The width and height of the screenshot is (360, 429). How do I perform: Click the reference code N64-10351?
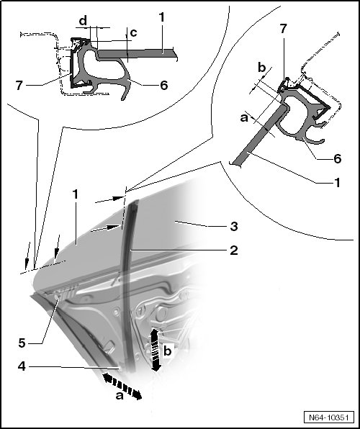point(329,417)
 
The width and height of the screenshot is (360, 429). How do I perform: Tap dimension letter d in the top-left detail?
point(83,20)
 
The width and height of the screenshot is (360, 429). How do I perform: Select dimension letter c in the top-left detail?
point(133,33)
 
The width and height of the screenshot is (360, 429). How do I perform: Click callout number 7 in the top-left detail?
point(19,86)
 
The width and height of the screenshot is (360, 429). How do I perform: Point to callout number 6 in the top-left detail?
point(163,85)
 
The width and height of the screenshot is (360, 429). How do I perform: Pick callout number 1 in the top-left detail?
point(162,17)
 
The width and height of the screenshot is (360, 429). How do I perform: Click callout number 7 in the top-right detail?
point(284,29)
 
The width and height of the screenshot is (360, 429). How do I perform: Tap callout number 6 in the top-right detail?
point(337,158)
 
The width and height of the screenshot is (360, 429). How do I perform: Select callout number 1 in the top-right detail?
point(338,183)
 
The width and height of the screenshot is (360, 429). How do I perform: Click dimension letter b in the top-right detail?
point(262,68)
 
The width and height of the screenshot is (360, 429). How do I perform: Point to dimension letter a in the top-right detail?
point(244,118)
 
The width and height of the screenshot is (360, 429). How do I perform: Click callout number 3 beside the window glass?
point(233,226)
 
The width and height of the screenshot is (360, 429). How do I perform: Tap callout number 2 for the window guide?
point(233,250)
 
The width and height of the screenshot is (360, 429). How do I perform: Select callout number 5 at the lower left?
point(22,343)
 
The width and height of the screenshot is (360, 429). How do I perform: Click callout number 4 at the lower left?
point(22,366)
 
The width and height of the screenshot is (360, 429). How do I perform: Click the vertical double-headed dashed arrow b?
point(155,351)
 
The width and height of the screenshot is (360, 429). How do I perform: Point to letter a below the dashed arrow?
point(120,396)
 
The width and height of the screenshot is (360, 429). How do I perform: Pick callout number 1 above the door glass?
point(76,194)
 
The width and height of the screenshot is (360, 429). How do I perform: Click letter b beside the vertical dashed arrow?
point(168,351)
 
